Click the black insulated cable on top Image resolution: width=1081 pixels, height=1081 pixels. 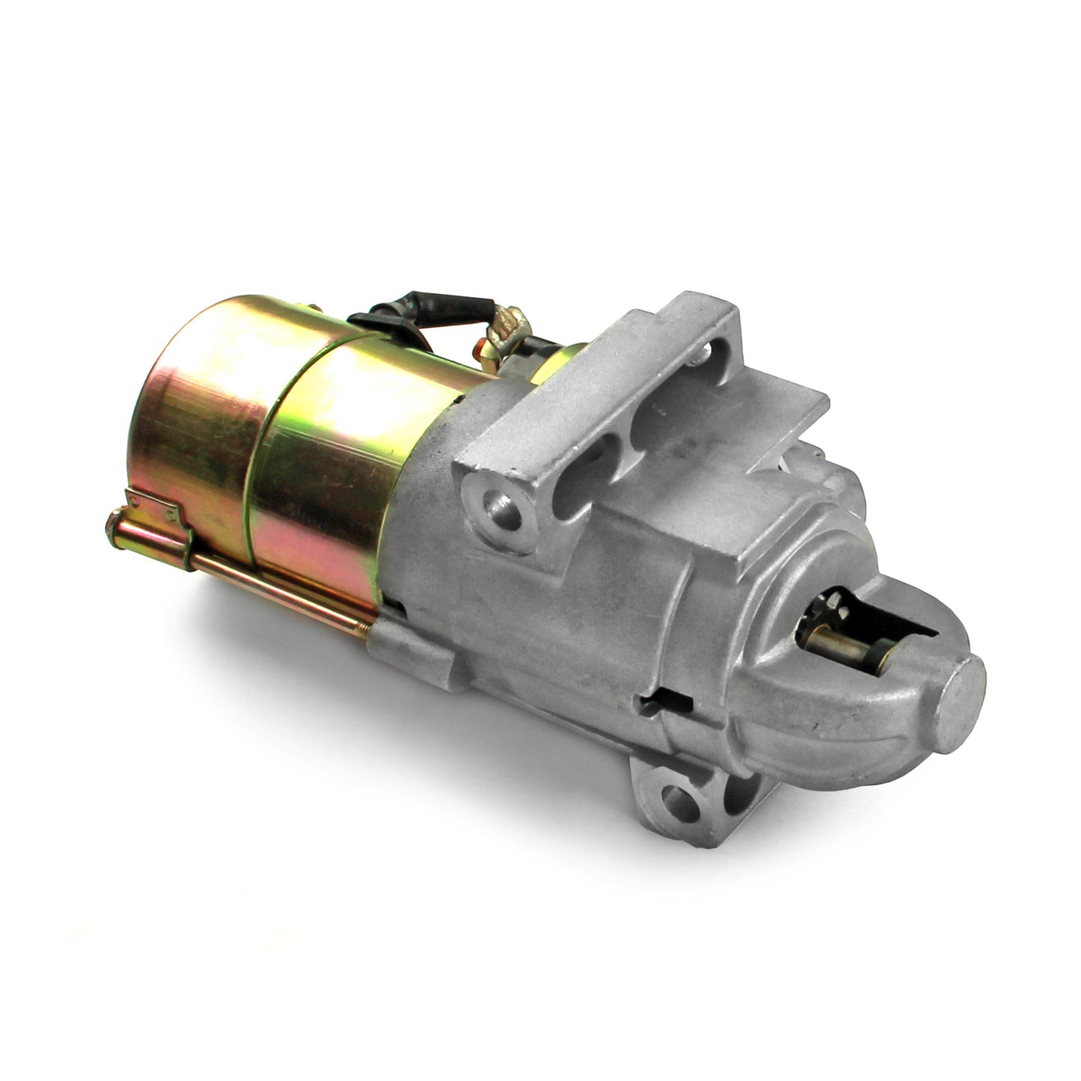coord(441,307)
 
